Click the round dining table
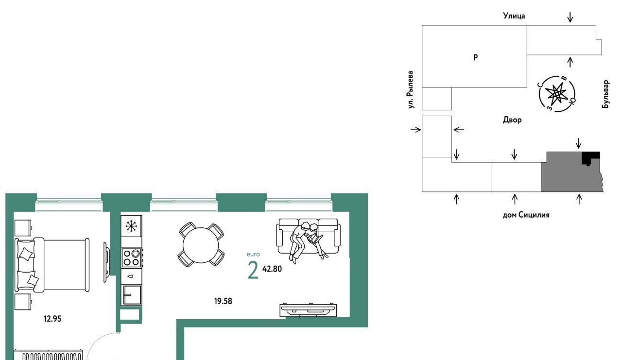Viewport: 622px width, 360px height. coord(201,245)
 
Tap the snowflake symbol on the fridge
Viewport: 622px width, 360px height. coord(131,226)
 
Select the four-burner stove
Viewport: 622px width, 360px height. coord(132,258)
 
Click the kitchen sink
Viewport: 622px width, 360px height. coord(132,295)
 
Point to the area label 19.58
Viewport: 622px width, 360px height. coord(223,301)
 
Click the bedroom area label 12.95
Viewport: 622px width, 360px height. coord(52,319)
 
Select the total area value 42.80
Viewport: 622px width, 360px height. coord(272,269)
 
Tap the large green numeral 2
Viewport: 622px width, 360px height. coord(253,270)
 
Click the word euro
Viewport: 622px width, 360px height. coord(253,254)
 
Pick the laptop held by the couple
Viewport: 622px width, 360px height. coord(316,239)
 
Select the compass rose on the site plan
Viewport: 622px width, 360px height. coord(557,94)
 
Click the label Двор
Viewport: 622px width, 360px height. coord(512,120)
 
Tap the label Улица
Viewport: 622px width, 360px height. coord(514,16)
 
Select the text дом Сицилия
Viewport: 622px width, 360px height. coord(526,215)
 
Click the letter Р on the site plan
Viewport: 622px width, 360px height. coord(475,57)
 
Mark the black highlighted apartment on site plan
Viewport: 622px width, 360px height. coord(590,158)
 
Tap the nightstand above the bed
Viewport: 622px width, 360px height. coord(23,228)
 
